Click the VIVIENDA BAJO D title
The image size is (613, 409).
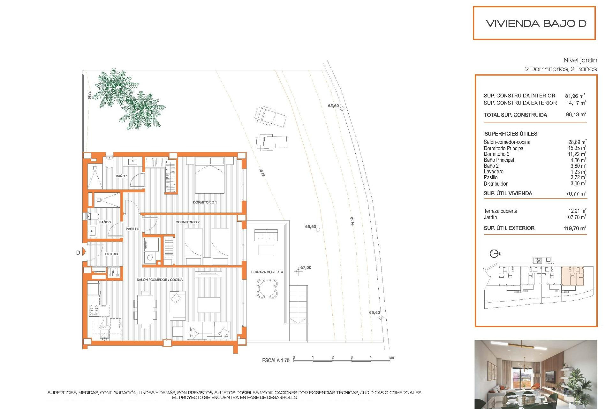[536, 23]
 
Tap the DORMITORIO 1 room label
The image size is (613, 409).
[205, 202]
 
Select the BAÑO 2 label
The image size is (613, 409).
[105, 222]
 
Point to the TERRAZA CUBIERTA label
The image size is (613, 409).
[267, 272]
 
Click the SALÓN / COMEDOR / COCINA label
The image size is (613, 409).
[160, 280]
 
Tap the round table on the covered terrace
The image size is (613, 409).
[267, 289]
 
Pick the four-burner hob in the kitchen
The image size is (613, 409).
[94, 310]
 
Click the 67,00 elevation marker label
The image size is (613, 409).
[306, 268]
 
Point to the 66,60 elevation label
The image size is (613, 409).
[310, 227]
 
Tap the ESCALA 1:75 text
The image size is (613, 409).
[276, 360]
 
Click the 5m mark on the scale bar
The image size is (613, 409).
[391, 358]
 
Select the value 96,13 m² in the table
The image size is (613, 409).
[576, 115]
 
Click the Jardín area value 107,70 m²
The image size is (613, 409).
[575, 217]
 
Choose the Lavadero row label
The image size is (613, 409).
[493, 172]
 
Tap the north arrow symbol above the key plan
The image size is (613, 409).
[494, 254]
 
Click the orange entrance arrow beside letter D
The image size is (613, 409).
[84, 251]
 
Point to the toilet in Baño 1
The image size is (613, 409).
[109, 162]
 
